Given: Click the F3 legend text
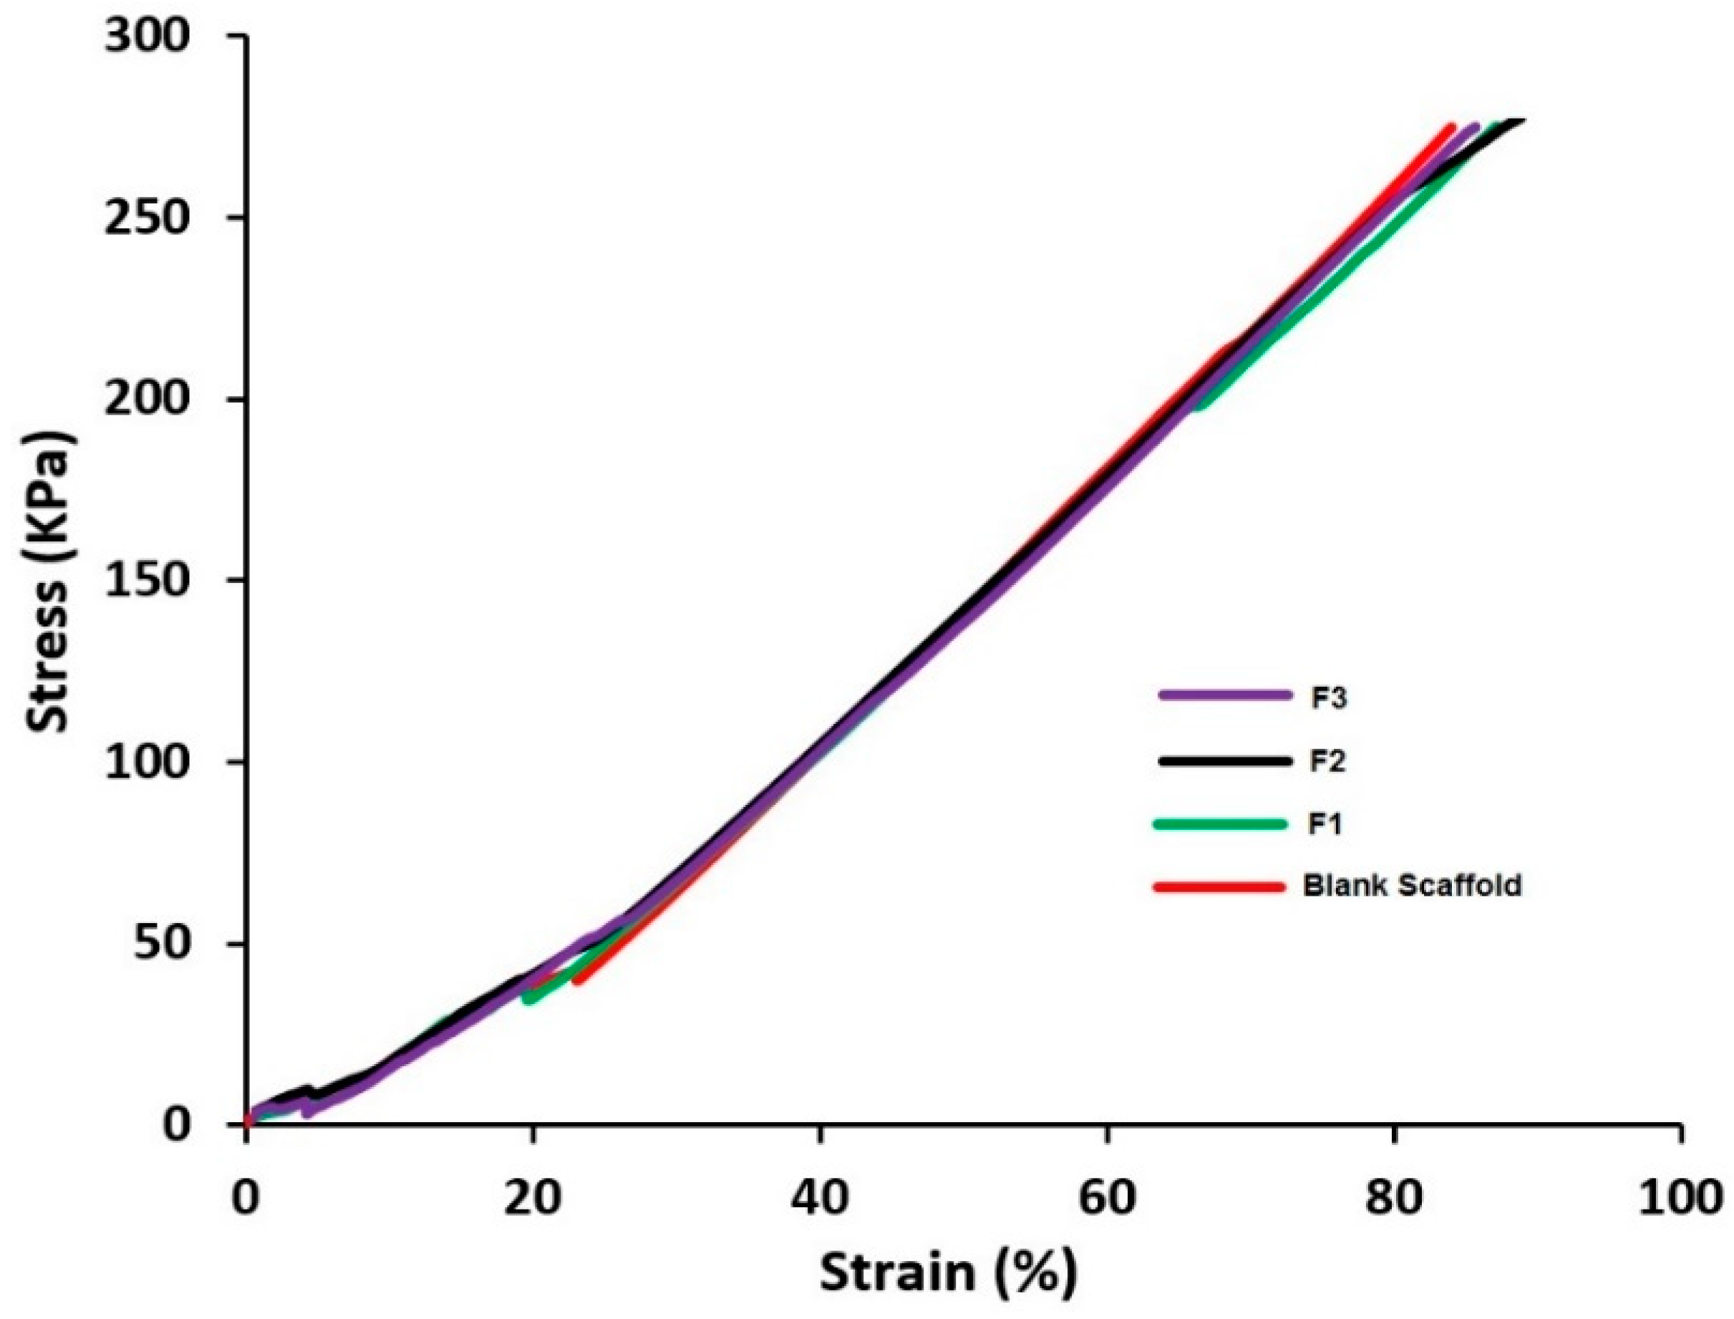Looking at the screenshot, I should click(1328, 697).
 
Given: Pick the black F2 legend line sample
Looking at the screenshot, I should click(1224, 760).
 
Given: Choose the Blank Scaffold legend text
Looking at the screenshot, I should click(1411, 886).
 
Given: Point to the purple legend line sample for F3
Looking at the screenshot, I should click(1224, 695).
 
